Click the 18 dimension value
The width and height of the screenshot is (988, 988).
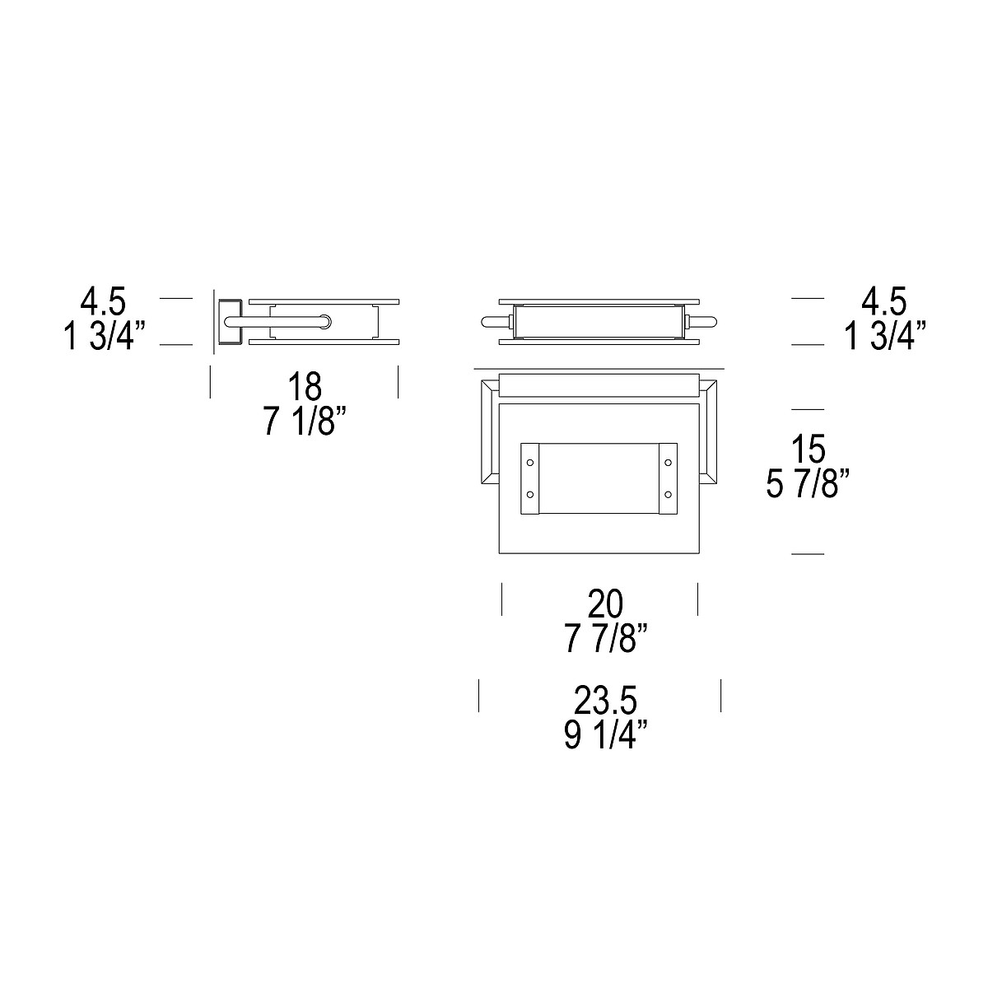click(305, 387)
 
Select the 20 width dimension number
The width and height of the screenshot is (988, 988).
click(605, 604)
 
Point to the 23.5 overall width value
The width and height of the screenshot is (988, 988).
click(605, 701)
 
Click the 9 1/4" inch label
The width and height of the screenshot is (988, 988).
click(605, 734)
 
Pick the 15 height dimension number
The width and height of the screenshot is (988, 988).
click(808, 449)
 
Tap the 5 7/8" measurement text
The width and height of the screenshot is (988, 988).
click(809, 483)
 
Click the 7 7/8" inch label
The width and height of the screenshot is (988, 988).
click(607, 638)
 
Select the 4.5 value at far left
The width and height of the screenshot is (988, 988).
click(103, 301)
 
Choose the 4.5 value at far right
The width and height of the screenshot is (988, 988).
click(884, 301)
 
